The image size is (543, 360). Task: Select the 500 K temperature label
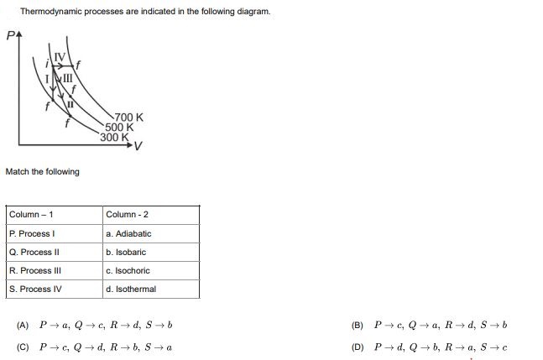pos(120,128)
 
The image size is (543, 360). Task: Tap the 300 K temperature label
pos(113,137)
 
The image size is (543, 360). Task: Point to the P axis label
pos(10,37)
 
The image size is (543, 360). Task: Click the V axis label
pos(138,146)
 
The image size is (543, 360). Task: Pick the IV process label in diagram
pos(59,57)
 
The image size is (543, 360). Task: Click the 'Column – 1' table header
pos(31,215)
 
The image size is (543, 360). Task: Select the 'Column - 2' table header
pos(127,215)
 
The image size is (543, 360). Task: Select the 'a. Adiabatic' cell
pos(128,233)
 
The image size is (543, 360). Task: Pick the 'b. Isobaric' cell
pos(126,252)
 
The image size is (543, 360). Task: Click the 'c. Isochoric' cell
pos(128,270)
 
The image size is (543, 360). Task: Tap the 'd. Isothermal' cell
pos(131,289)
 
